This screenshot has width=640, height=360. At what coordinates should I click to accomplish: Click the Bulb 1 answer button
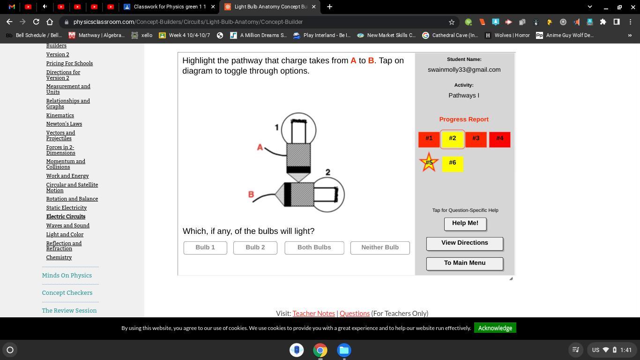point(205,247)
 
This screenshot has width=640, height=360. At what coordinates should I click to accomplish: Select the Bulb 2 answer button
point(255,247)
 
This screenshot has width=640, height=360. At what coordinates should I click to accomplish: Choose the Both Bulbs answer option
point(314,247)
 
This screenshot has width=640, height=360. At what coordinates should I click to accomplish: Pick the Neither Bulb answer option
point(380,247)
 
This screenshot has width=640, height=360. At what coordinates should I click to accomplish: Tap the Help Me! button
point(465,224)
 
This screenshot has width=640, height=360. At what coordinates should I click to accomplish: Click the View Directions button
point(465,244)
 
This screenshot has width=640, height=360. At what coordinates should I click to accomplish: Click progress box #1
point(429,140)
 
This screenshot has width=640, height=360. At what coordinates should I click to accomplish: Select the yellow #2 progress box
point(452,139)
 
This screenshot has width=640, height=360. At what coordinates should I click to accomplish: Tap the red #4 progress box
point(500,140)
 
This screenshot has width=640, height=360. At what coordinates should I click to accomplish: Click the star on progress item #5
point(429,162)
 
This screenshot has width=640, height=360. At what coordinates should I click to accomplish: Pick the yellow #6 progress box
point(453,164)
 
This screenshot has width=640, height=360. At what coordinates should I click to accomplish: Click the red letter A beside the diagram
point(260,147)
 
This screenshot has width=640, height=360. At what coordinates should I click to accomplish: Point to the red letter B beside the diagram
point(251,195)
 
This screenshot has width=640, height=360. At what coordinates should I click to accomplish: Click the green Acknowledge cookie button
point(495,328)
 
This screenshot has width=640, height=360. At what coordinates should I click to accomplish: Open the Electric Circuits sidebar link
point(66,217)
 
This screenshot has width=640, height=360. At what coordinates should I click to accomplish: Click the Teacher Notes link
point(313,314)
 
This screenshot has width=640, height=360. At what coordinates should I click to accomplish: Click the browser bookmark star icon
point(452,22)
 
